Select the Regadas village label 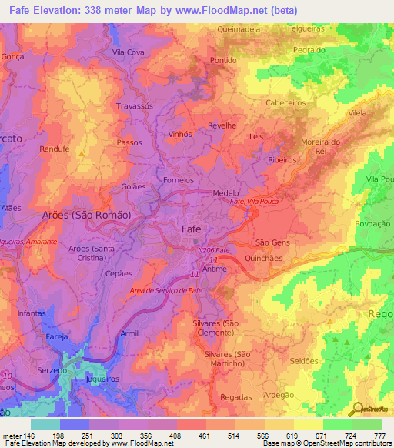click(235, 396)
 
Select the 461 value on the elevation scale click(204, 436)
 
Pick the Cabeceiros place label click(285, 102)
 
